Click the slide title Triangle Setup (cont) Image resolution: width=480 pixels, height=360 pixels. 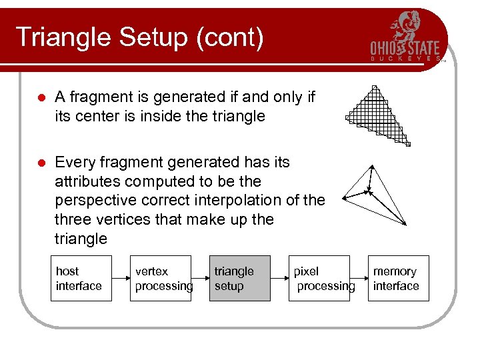click(x=139, y=37)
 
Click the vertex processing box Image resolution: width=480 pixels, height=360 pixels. click(x=160, y=279)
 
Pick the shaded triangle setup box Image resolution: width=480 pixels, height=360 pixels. click(x=240, y=279)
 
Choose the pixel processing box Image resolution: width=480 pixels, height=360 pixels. click(x=319, y=279)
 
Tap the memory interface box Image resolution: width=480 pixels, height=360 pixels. click(x=398, y=279)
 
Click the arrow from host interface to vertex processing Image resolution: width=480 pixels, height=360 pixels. click(x=121, y=279)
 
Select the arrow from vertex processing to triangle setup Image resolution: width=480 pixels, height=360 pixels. click(x=200, y=279)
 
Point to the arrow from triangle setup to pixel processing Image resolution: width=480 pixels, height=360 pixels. click(x=279, y=279)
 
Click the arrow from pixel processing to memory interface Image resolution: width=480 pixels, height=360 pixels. click(x=359, y=279)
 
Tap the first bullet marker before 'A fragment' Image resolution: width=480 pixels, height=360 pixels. click(x=41, y=97)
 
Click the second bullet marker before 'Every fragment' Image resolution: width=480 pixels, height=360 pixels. click(x=41, y=163)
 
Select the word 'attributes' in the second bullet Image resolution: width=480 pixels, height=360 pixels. click(x=85, y=181)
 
